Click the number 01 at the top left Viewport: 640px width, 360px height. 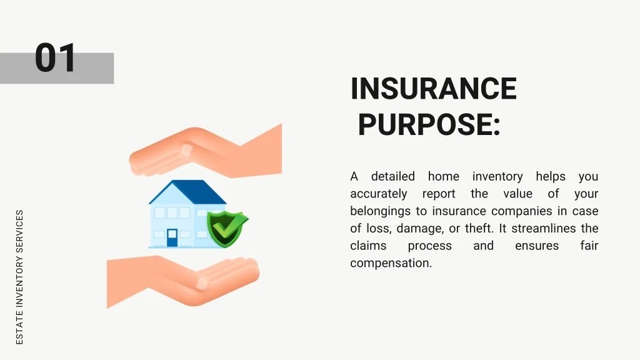56,58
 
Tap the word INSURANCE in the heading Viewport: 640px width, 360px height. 434,89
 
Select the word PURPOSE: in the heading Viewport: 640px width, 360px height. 429,124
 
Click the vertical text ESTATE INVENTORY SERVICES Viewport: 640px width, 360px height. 19,276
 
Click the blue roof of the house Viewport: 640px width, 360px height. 187,192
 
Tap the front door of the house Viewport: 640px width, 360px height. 172,237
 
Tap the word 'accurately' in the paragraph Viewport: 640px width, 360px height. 378,194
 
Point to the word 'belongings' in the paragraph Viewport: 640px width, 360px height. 381,211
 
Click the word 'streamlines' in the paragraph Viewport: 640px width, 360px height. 542,228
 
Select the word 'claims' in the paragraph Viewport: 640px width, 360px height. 368,246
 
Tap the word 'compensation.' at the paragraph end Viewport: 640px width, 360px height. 391,263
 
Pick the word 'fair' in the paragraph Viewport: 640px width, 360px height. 589,246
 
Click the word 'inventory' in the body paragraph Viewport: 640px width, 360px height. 497,177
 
